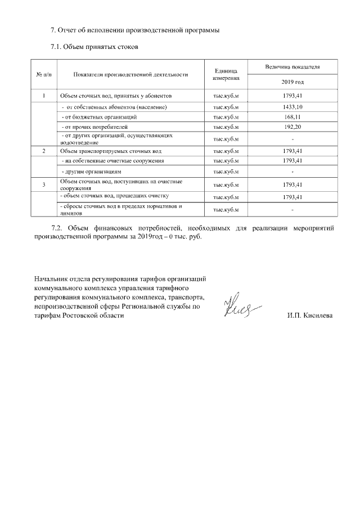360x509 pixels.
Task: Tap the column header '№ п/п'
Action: [44, 74]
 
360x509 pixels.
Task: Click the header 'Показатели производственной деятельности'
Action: [130, 74]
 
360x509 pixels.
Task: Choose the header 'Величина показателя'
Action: [292, 66]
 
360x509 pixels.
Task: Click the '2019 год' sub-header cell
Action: [292, 82]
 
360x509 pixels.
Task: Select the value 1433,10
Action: [292, 107]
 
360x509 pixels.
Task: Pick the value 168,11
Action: [292, 117]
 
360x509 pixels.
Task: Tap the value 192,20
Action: [292, 127]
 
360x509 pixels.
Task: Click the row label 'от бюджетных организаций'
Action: [100, 117]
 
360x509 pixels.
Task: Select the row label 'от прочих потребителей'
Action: [95, 127]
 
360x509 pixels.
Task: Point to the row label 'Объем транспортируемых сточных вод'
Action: [111, 151]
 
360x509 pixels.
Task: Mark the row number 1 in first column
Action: [44, 96]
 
